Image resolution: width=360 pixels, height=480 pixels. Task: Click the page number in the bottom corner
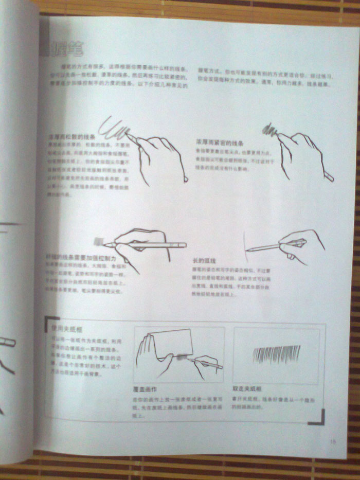[333, 440]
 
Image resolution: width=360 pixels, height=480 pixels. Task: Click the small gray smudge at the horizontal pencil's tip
[98, 240]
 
